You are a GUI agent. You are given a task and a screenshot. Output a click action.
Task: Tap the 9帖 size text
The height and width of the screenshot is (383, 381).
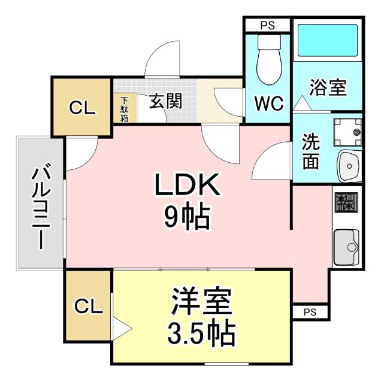(188, 218)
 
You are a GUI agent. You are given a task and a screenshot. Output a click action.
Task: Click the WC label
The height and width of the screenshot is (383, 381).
(268, 104)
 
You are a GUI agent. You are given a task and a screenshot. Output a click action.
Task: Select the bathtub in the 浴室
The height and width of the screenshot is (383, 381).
(327, 41)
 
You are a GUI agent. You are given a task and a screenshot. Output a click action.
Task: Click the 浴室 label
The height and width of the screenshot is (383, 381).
(328, 87)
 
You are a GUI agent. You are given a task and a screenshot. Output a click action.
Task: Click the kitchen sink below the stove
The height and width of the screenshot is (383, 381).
(346, 246)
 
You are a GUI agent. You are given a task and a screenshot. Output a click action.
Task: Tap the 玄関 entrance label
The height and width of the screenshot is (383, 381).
(165, 101)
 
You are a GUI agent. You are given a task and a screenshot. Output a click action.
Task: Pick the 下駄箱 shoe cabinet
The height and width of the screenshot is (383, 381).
(124, 110)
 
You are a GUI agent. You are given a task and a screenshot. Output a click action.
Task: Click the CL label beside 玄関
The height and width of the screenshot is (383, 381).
(82, 108)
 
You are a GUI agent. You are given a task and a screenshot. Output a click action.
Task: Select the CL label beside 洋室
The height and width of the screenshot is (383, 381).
(88, 307)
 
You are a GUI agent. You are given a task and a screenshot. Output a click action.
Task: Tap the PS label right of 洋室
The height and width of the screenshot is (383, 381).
(310, 312)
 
